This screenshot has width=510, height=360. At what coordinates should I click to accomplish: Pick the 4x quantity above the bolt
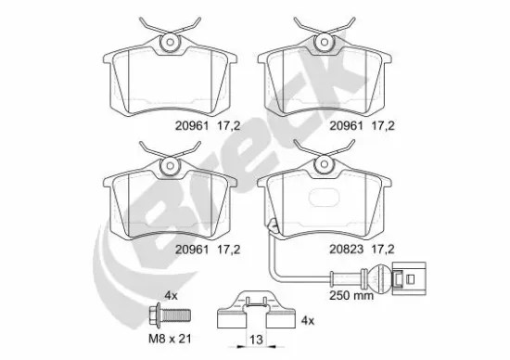[170, 294]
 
